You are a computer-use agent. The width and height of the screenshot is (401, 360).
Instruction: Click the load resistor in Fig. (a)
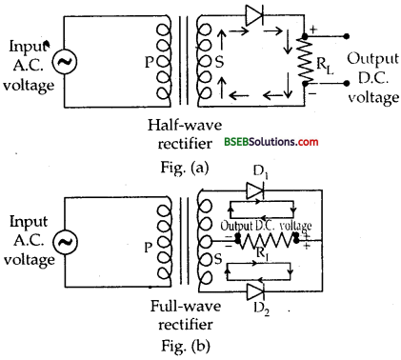pos(306,61)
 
